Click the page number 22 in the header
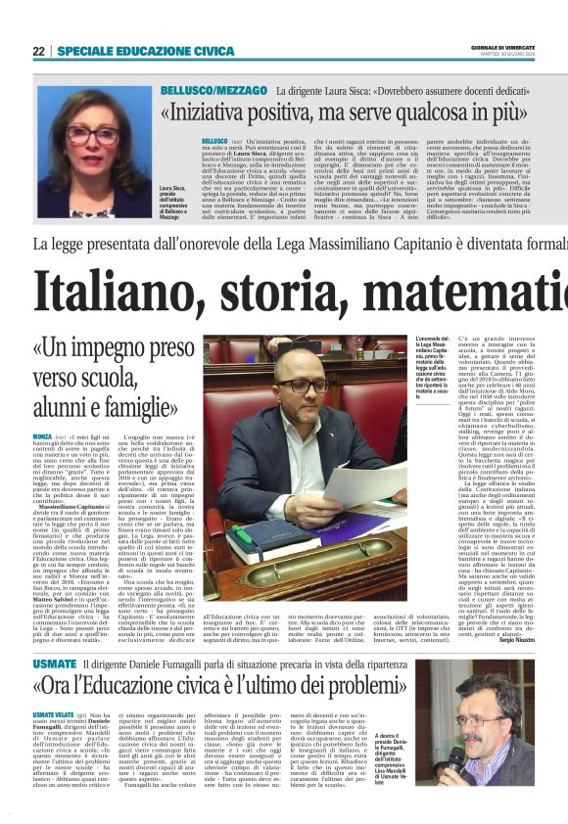click(38, 51)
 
